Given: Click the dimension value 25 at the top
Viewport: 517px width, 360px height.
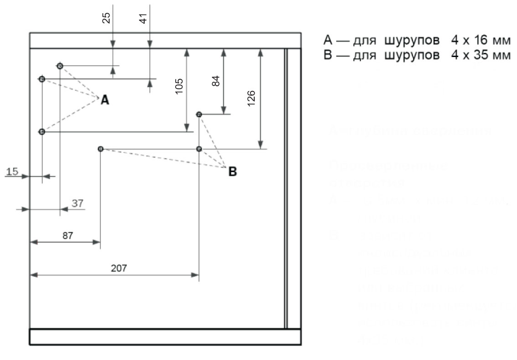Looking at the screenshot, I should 106,19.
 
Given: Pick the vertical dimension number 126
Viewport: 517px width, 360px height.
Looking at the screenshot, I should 252,97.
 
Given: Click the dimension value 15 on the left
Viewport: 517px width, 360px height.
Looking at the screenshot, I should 13,172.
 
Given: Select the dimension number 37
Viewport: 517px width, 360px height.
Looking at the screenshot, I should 78,203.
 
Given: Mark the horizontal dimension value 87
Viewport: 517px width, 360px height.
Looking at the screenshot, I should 68,235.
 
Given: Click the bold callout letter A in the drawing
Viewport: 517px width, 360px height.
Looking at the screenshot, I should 105,100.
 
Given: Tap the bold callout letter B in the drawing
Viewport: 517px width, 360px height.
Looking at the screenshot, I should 232,172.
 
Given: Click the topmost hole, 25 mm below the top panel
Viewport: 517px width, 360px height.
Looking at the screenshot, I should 60,66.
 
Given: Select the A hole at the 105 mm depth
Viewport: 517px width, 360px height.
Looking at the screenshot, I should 42,132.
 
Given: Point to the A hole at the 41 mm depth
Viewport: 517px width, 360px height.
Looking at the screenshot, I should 42,79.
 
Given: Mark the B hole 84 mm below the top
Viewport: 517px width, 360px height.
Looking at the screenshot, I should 199,114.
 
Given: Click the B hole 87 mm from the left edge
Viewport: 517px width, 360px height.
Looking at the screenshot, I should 100,149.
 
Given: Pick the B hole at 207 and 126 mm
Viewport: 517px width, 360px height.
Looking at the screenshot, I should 199,149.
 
